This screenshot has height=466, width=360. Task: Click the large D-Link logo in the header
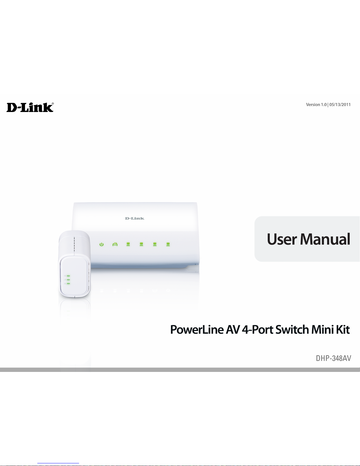pos(30,107)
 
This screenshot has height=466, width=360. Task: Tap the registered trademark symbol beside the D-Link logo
pos(53,103)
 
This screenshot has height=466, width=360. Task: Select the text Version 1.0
pos(316,105)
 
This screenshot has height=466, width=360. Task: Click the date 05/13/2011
pos(340,105)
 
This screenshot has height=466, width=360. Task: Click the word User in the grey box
pos(282,239)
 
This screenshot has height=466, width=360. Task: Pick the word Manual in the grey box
pos(325,239)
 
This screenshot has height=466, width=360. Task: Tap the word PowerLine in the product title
pos(197,330)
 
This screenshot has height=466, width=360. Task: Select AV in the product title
pos(233,330)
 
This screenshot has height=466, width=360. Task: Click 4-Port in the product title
pos(258,330)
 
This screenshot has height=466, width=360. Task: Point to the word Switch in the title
pos(292,330)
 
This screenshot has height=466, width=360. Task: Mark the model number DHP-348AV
pos(334,358)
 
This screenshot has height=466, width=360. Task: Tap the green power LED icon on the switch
pos(102,244)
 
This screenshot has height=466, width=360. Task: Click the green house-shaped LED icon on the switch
pos(115,244)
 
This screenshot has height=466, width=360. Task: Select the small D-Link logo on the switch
pos(135,218)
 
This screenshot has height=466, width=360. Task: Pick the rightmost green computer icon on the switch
pos(168,244)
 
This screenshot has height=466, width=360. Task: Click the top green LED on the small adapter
pos(68,276)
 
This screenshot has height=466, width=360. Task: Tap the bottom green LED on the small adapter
pos(68,283)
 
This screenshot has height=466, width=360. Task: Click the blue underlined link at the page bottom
pos(58,463)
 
